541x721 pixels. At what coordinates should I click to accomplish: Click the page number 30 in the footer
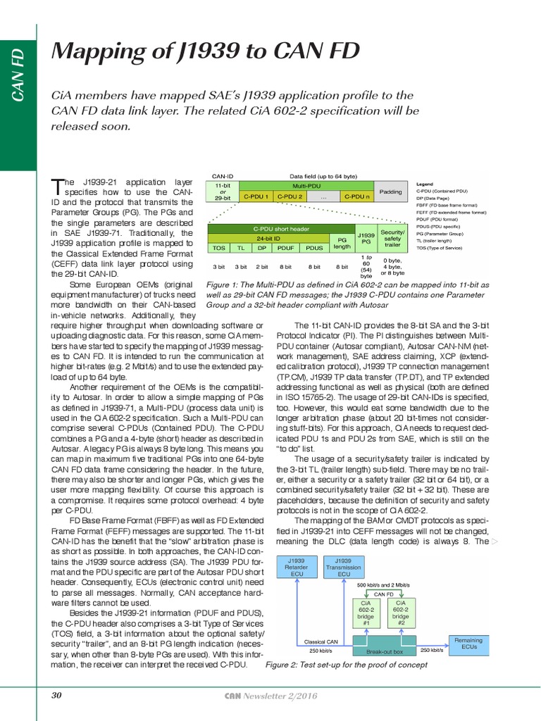point(57,696)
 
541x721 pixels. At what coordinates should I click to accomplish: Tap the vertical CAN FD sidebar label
point(18,73)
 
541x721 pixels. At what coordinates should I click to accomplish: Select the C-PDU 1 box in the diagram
point(257,196)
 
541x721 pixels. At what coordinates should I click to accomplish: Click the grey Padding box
point(390,192)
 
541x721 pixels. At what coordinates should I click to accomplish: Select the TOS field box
point(219,248)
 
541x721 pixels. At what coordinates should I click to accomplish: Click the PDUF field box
point(286,248)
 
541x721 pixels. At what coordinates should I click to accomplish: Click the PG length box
point(342,243)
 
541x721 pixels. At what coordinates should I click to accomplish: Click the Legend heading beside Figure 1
point(425,183)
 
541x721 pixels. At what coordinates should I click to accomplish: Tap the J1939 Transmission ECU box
point(344,568)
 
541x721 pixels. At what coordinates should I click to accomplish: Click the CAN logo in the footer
point(232,696)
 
